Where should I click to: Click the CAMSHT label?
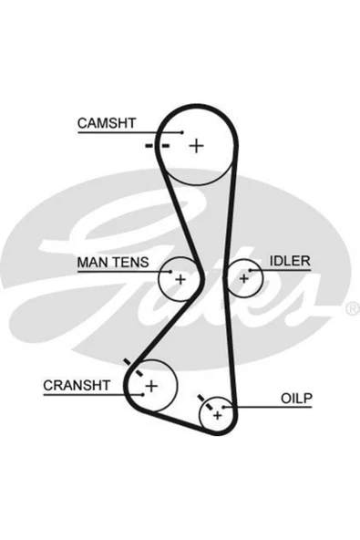point(107,123)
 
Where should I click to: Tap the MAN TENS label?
point(113,263)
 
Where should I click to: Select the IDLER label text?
point(290,261)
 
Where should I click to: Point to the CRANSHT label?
point(77,385)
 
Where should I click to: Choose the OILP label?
point(296,399)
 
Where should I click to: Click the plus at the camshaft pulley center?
point(197,146)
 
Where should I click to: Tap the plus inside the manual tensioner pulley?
point(180,279)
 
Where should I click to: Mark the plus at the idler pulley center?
point(243,278)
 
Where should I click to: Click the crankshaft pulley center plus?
point(151,386)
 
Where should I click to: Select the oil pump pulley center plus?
point(217,416)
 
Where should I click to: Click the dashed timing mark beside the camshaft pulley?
point(158,146)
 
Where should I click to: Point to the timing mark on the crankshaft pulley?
point(133,368)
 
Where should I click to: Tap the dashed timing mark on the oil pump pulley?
point(205,402)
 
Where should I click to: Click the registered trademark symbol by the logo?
point(353,308)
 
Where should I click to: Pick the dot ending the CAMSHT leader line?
point(183,132)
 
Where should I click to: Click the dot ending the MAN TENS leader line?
point(170,272)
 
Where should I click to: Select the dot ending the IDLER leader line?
point(251,270)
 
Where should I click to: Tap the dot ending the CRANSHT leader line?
point(142,395)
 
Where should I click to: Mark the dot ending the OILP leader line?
point(223,408)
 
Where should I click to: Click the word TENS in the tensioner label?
point(131,263)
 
